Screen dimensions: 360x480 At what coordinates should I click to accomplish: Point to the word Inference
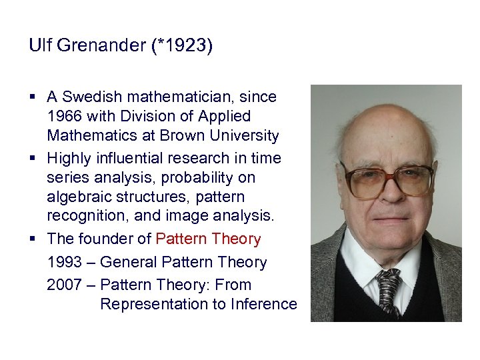pyautogui.click(x=264, y=304)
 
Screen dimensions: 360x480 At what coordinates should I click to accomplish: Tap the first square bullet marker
pyautogui.click(x=33, y=97)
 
